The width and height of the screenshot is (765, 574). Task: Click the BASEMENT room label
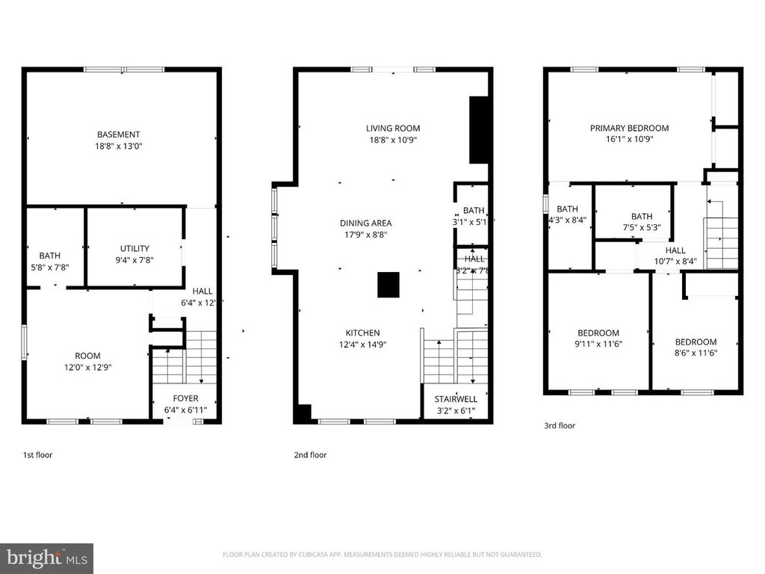point(123,135)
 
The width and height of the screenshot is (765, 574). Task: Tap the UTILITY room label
point(134,249)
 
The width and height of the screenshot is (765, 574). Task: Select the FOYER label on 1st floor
point(185,398)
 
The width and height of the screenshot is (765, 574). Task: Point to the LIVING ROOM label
point(393,128)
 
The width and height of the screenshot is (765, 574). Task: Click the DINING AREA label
point(365,223)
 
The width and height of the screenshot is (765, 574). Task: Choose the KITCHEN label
point(362,333)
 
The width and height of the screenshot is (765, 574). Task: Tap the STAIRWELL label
point(456,398)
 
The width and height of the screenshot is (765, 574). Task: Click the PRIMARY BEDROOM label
point(629,128)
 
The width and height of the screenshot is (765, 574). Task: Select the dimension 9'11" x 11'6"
point(598,345)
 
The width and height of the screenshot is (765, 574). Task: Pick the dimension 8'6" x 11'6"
point(696,354)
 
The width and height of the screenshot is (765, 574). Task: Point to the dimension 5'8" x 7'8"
point(49,267)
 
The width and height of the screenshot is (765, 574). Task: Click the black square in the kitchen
point(388,286)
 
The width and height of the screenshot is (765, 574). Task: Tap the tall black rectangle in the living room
point(479,129)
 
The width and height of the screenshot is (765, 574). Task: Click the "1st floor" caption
point(37,454)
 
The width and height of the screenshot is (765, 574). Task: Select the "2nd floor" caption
point(310,454)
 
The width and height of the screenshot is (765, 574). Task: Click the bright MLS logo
point(46,558)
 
